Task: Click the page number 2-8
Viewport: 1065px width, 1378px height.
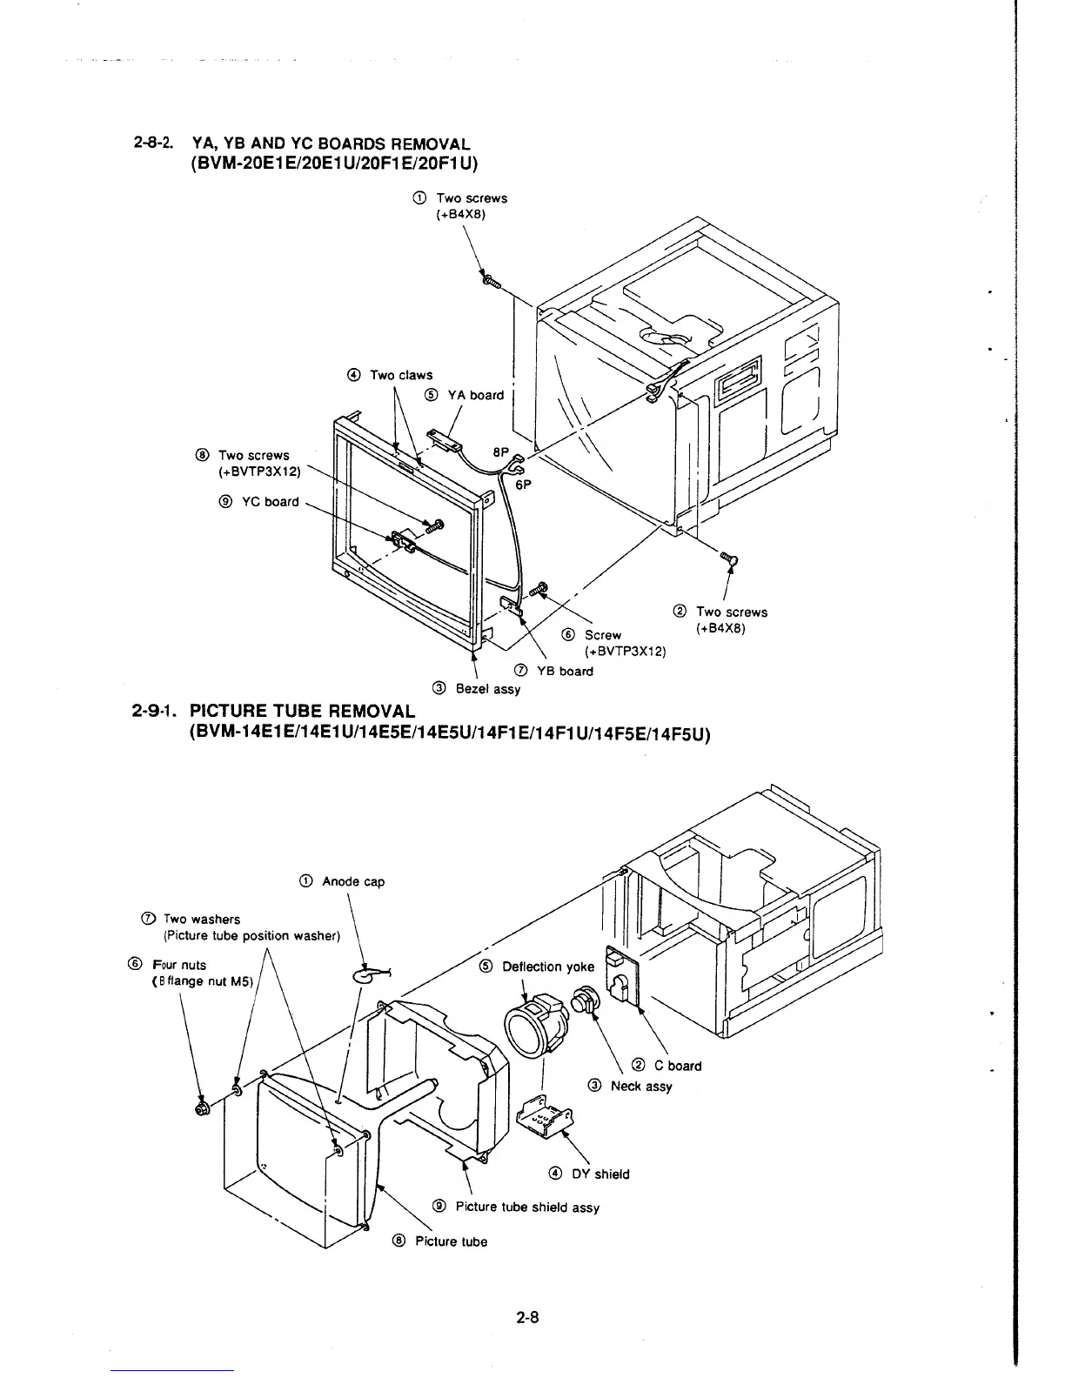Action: tap(528, 1317)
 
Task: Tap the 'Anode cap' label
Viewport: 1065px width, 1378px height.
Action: tap(352, 881)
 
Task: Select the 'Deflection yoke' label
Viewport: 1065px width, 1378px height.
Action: tap(548, 967)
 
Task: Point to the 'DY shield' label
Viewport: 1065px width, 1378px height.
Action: tap(599, 1174)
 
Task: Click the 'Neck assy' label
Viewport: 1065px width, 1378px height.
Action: tap(641, 1086)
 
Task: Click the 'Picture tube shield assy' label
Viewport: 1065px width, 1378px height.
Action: tap(526, 1207)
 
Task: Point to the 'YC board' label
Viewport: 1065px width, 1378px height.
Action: tap(270, 501)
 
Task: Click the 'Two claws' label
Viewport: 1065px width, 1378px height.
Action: tap(400, 375)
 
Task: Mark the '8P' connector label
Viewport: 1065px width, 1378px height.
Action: tap(500, 452)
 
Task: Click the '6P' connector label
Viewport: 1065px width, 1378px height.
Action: tap(524, 487)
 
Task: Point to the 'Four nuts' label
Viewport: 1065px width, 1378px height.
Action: tap(179, 965)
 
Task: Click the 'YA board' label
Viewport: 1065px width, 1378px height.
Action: tap(475, 395)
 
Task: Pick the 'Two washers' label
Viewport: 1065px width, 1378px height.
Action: tap(201, 919)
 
